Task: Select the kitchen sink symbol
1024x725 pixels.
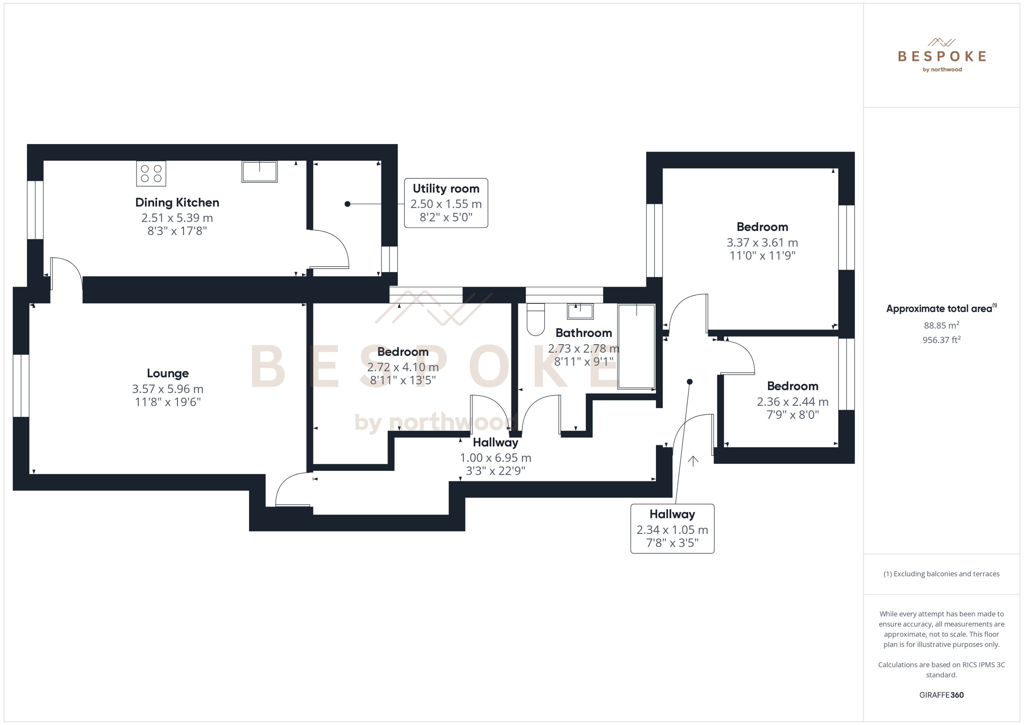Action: pyautogui.click(x=259, y=172)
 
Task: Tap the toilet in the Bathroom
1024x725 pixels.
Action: pyautogui.click(x=535, y=320)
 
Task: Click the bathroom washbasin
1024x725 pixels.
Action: pyautogui.click(x=580, y=311)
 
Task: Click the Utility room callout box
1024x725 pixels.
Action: pyautogui.click(x=446, y=203)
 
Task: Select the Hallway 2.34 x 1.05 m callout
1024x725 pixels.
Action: pyautogui.click(x=672, y=529)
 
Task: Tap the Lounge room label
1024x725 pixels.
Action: pyautogui.click(x=168, y=373)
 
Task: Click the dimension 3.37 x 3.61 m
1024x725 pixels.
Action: pyautogui.click(x=762, y=242)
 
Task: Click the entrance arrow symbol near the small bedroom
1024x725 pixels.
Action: pyautogui.click(x=693, y=461)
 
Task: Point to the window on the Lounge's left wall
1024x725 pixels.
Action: pyautogui.click(x=21, y=386)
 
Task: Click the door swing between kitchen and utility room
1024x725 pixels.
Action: pyautogui.click(x=329, y=249)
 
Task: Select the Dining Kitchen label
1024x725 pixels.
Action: pyautogui.click(x=177, y=203)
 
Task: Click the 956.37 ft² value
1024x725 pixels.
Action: pyautogui.click(x=941, y=340)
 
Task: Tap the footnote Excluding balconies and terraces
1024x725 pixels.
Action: pyautogui.click(x=941, y=574)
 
